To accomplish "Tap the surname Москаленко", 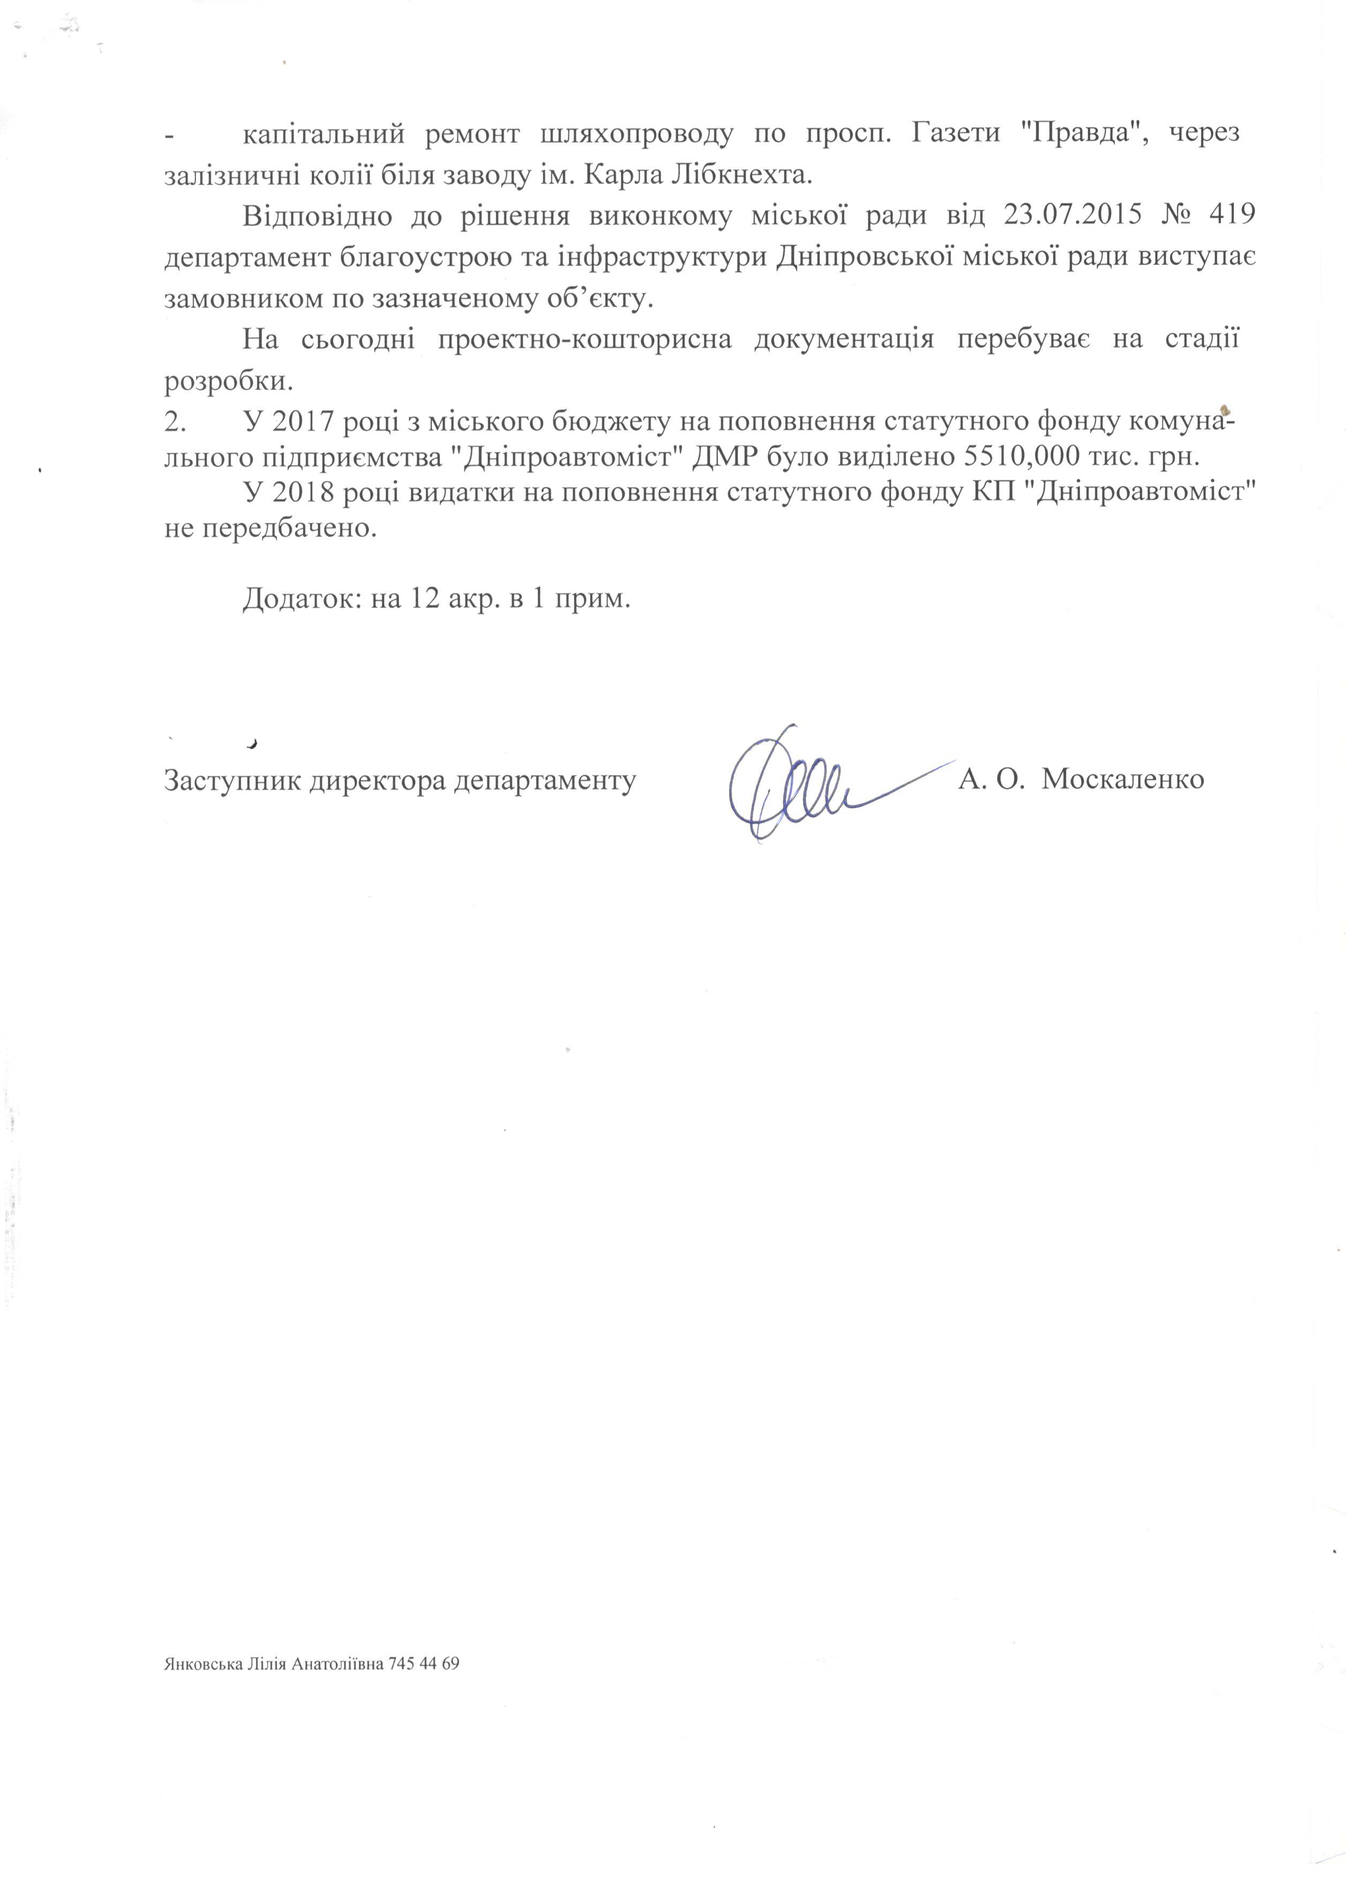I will [1122, 780].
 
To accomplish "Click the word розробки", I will [229, 382].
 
